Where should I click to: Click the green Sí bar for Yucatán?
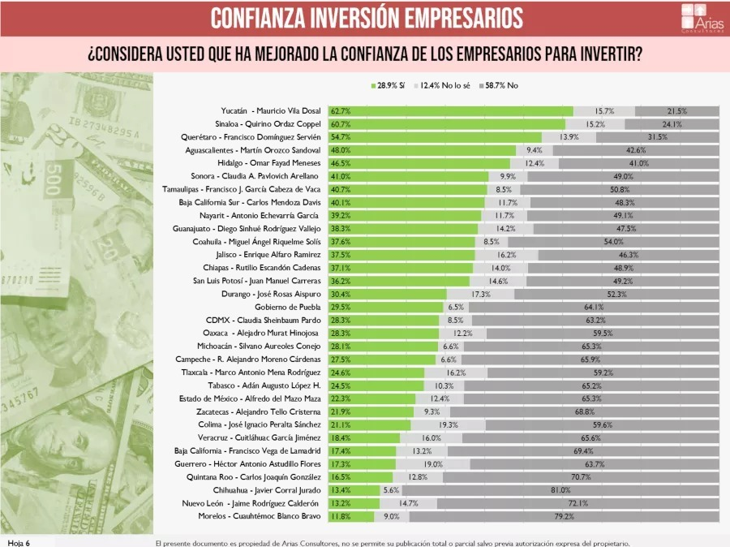pos(450,111)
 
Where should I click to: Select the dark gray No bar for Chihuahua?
pos(560,490)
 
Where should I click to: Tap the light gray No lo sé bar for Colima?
pos(448,424)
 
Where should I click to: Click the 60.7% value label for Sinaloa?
pos(341,124)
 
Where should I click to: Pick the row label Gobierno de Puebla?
pos(288,307)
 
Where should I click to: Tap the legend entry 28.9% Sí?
pos(389,84)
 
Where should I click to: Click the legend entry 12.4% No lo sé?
pos(442,84)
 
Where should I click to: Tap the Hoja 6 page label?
pos(19,542)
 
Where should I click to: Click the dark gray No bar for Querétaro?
pos(657,137)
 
